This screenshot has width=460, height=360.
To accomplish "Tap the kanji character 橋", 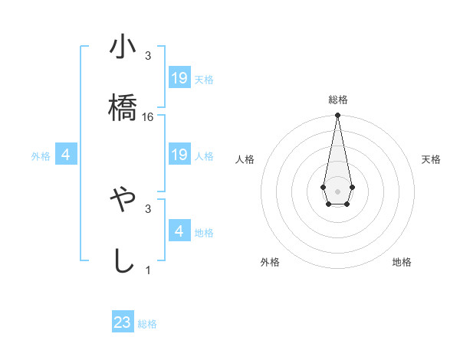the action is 123,107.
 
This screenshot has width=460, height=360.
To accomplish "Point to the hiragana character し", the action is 123,260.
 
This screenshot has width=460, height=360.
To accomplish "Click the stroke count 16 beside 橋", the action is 148,117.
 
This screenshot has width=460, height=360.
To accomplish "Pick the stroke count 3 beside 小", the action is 148,56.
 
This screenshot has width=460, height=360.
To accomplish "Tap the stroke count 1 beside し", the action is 148,270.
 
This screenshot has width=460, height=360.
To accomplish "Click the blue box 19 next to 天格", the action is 179,78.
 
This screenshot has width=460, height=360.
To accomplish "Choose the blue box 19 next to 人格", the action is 179,155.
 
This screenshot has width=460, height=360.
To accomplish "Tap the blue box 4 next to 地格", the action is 179,231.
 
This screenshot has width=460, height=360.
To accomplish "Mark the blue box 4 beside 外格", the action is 66,155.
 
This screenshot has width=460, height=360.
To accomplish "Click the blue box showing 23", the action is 123,322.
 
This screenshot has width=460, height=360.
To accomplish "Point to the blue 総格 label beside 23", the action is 147,324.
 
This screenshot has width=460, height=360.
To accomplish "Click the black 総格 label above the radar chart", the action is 337,100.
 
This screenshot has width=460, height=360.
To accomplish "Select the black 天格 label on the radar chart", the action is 431,159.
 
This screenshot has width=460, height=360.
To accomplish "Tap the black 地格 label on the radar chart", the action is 402,262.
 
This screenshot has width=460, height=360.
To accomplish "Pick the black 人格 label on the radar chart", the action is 245,159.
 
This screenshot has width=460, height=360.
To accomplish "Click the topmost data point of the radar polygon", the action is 337,116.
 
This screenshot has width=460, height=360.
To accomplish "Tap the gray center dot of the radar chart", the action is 337,190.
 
